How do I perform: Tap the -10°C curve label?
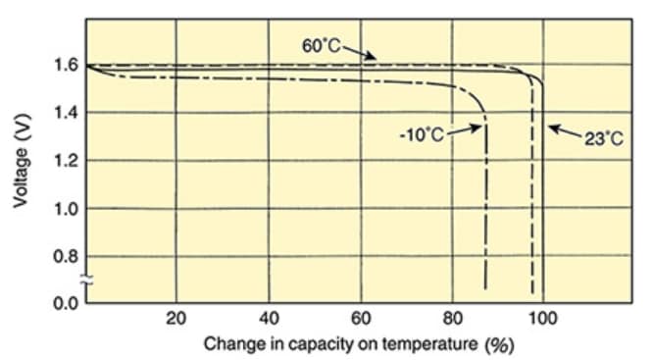coord(422,134)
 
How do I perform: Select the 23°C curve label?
coord(603,139)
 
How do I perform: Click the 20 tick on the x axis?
coord(176,319)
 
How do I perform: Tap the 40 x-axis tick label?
coord(269,319)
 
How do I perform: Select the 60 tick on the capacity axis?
coord(361,319)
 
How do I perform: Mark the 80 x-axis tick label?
coord(453,319)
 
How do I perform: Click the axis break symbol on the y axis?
coord(86,282)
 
